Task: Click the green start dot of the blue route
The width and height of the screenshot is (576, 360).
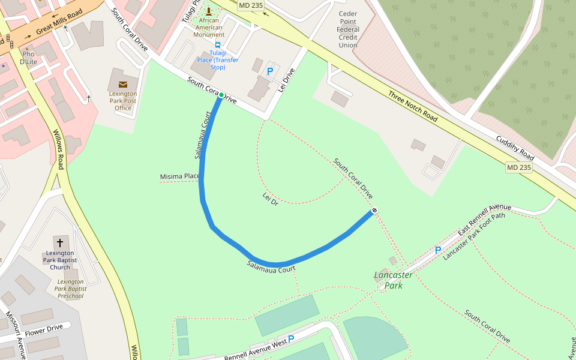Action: click(x=221, y=95)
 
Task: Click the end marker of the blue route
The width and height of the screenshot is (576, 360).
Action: click(x=374, y=210)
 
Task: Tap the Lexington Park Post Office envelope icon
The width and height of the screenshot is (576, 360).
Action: click(x=123, y=85)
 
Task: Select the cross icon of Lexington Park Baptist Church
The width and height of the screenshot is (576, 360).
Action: click(x=59, y=243)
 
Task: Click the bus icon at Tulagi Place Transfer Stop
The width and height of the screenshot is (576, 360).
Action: click(x=218, y=45)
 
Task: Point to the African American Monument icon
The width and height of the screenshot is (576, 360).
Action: click(x=209, y=11)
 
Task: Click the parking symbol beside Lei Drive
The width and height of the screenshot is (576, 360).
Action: click(x=270, y=71)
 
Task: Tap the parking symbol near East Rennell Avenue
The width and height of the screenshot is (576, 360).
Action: click(x=437, y=250)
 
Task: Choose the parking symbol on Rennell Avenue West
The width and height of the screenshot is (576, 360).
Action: click(x=291, y=339)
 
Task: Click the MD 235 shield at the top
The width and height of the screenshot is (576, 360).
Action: click(x=251, y=5)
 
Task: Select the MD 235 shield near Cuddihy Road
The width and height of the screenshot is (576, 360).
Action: click(x=518, y=167)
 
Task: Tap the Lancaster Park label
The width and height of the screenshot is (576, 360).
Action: click(x=393, y=280)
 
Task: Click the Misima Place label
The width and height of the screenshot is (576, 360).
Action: click(x=179, y=176)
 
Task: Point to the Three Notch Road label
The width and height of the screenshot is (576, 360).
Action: click(x=412, y=107)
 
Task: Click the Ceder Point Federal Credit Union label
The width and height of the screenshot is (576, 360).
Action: click(x=348, y=29)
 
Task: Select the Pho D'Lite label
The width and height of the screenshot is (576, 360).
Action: click(x=29, y=58)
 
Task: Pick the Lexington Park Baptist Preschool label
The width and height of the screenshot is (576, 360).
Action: click(x=71, y=289)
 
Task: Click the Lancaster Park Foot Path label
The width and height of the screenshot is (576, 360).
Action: click(x=474, y=244)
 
